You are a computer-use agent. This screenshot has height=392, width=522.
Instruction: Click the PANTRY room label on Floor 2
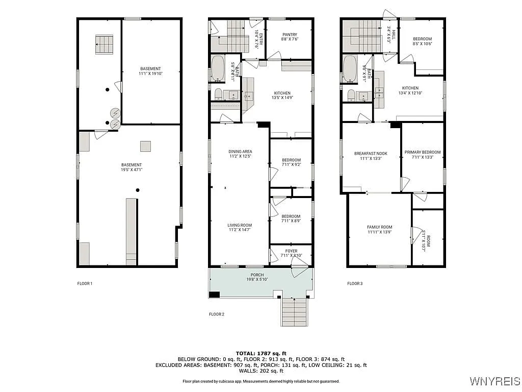tap(289, 37)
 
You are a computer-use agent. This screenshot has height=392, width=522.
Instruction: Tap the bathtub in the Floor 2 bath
tap(218, 69)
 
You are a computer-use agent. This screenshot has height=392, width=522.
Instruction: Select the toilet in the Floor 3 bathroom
tap(351, 95)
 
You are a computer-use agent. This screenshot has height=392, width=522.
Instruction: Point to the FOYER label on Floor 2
tap(291, 253)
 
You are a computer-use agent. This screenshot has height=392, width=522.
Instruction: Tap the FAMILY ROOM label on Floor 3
tap(380, 230)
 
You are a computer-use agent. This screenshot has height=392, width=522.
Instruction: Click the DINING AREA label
tap(240, 154)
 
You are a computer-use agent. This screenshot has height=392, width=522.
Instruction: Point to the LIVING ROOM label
tap(240, 228)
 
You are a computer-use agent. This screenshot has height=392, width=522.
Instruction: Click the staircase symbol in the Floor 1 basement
tap(104, 44)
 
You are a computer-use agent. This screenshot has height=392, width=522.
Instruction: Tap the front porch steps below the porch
tap(295, 312)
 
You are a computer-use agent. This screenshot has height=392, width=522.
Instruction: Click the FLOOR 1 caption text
tap(85, 283)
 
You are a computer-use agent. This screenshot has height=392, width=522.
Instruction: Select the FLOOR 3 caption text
tap(355, 283)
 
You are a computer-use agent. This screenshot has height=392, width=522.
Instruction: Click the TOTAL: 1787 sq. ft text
tap(261, 353)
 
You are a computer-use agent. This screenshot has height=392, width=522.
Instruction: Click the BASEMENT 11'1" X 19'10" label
tap(150, 71)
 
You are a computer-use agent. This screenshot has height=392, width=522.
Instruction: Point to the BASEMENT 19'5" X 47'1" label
tap(132, 167)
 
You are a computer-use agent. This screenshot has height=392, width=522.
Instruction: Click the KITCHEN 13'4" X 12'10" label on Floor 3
tap(410, 90)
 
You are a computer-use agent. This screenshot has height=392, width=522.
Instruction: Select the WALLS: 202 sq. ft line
tap(261, 371)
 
